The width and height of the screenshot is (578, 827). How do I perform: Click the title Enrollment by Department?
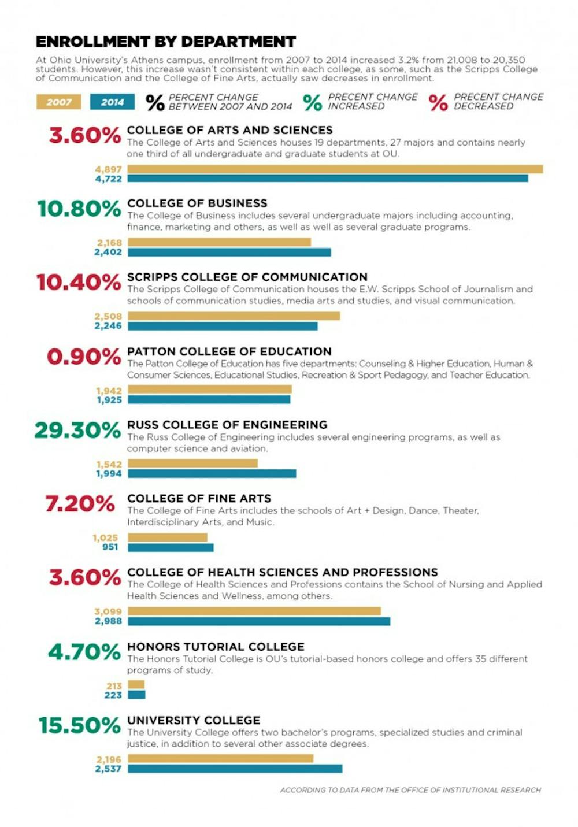[166, 42]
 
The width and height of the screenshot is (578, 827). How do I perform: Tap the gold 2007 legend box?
[58, 102]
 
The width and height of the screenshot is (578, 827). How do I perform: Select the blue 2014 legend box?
[112, 102]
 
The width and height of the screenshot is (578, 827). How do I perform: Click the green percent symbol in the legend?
[312, 102]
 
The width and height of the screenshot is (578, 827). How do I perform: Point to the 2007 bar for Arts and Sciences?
[335, 169]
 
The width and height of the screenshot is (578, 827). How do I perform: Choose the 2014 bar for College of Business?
[229, 252]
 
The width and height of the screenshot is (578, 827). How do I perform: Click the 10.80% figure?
[79, 209]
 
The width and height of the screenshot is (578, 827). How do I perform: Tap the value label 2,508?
[109, 316]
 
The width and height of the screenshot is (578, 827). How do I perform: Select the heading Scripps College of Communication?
[247, 277]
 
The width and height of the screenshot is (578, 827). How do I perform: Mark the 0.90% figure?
[84, 357]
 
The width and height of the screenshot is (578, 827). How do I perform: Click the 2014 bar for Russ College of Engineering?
[212, 473]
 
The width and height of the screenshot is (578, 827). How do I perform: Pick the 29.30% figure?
[77, 430]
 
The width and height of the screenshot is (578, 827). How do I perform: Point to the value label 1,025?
[105, 537]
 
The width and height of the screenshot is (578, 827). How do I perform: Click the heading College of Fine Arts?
[199, 498]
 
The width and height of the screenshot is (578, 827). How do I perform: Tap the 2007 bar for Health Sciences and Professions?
[254, 611]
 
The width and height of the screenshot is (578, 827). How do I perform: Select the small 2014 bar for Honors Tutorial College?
[137, 695]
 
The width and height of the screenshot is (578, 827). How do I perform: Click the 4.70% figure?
[84, 652]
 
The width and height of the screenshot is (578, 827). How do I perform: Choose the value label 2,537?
[109, 769]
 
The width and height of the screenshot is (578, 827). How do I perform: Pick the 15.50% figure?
[79, 725]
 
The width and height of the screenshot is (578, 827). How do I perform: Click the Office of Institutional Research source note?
[410, 790]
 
